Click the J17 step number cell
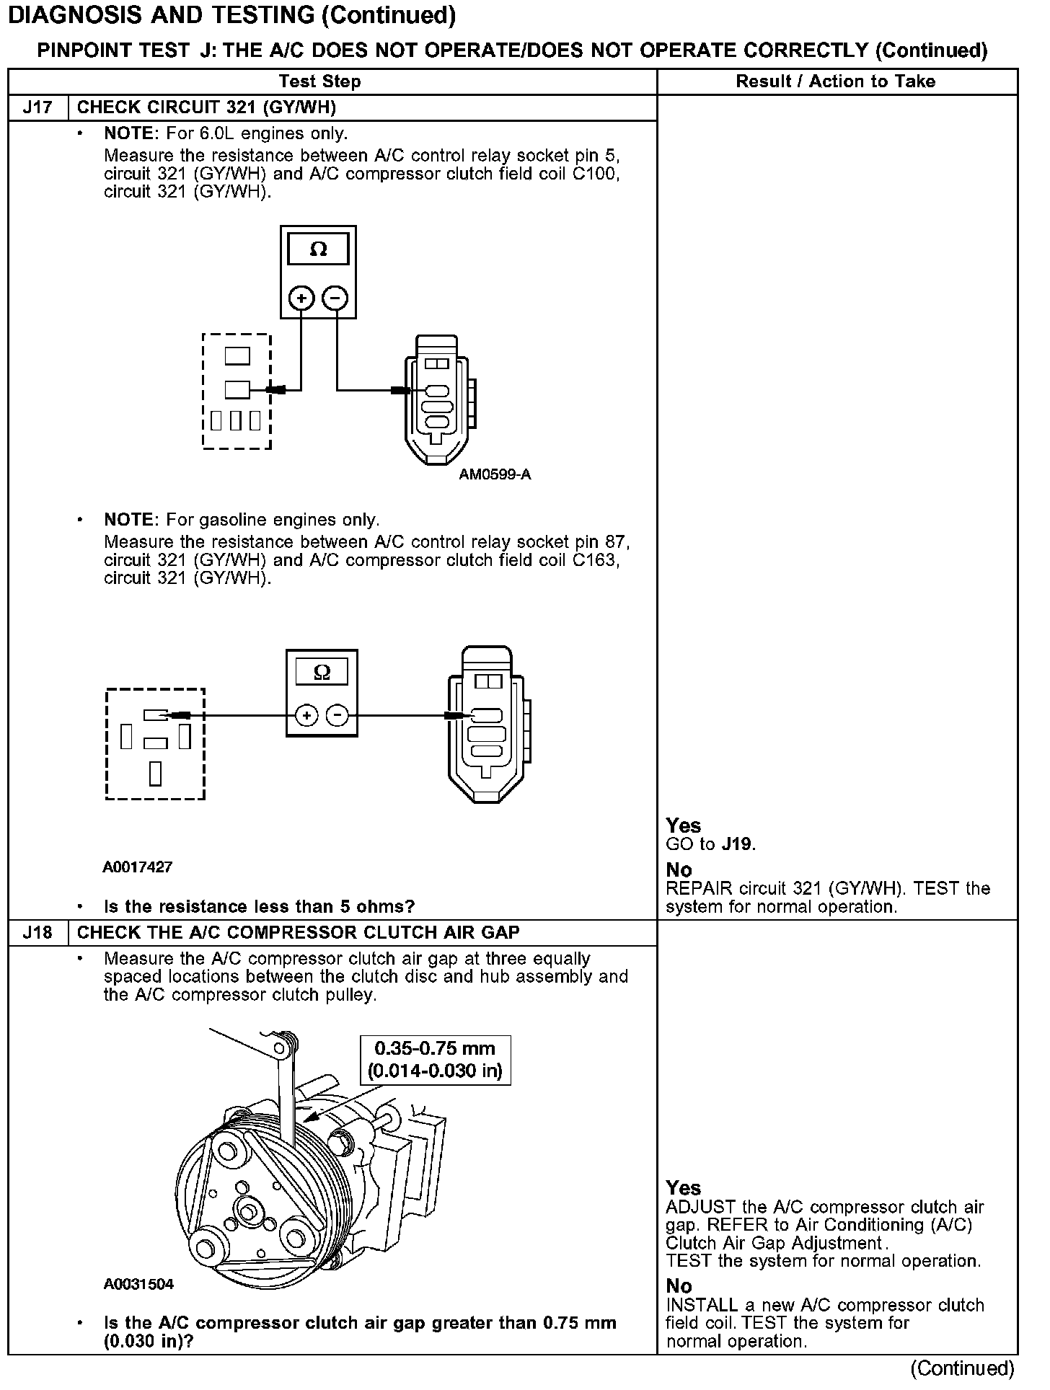click(37, 108)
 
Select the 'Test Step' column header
click(319, 81)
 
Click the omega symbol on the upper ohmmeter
click(318, 249)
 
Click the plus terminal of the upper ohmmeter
click(301, 298)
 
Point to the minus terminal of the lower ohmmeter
click(337, 716)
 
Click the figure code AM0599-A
click(495, 474)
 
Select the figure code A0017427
click(137, 867)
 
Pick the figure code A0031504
click(138, 1284)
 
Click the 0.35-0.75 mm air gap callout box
click(435, 1060)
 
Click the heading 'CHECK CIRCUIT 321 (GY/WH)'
click(206, 108)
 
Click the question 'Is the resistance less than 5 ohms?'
click(260, 906)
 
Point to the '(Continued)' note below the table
click(962, 1368)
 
